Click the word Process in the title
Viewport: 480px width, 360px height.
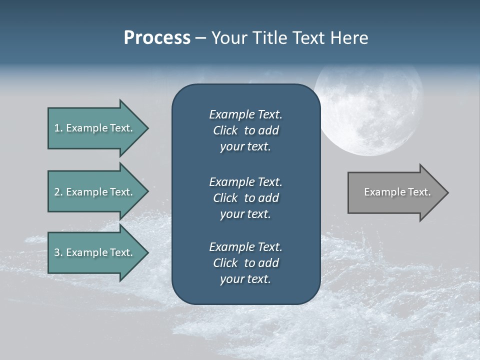(157, 38)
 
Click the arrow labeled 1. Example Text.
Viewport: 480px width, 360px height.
(95, 128)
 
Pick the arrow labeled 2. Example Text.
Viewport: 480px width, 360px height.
(95, 192)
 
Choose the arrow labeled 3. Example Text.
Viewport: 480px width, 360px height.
(95, 252)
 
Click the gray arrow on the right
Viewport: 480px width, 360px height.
(395, 192)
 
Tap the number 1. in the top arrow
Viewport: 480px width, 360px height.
(58, 128)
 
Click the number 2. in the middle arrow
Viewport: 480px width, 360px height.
(58, 192)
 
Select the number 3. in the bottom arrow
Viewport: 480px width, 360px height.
(58, 252)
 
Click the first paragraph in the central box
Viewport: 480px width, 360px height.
(245, 130)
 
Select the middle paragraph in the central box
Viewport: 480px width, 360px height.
(245, 197)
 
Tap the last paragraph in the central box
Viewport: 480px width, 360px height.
(245, 263)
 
